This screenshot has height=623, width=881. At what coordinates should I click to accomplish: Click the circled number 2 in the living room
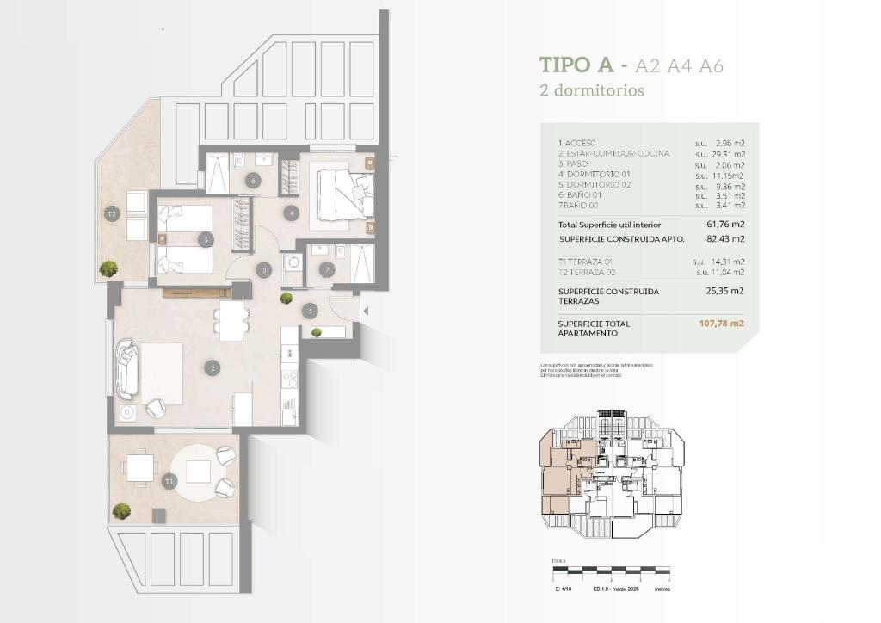coord(212,367)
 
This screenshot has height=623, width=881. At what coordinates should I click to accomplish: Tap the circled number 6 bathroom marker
coord(252,180)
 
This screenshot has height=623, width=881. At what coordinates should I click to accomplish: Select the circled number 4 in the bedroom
coord(293,212)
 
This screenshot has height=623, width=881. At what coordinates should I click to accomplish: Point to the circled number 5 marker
coord(205,240)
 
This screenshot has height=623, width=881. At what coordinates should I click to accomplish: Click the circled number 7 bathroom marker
coord(325,269)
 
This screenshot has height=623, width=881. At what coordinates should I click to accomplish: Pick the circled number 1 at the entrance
coord(310,311)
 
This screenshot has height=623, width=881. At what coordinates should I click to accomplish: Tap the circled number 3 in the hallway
coord(264,270)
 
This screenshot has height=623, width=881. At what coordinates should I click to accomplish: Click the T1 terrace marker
coord(169,480)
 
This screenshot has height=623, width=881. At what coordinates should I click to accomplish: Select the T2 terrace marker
coord(111,213)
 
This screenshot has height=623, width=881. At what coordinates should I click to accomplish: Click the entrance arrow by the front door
coord(367,311)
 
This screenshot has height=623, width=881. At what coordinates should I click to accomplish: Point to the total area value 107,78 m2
coord(721,324)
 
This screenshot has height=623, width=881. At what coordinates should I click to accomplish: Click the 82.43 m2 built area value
coord(726,239)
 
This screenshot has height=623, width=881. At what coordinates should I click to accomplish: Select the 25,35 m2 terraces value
coord(726,291)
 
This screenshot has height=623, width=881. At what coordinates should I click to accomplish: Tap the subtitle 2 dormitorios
coord(591,90)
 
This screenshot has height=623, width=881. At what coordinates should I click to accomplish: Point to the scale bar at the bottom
coord(610,570)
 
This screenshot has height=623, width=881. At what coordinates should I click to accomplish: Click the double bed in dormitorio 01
coord(344,193)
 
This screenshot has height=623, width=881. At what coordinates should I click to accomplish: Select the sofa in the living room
coord(127,370)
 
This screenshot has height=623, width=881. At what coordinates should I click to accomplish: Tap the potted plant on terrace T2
coord(108,268)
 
